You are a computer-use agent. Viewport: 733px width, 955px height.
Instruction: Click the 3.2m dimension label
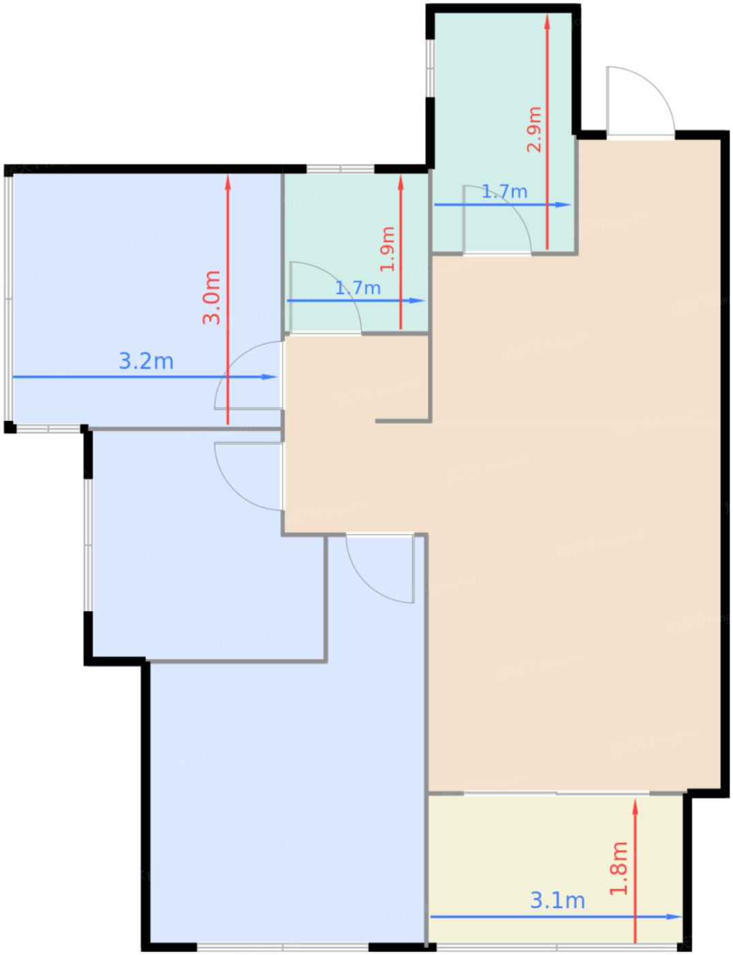(146, 361)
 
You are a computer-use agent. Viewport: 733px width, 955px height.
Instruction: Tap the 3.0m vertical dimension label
(211, 298)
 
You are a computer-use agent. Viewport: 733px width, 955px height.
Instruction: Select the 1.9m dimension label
(387, 249)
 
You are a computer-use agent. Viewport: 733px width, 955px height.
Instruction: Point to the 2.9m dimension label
(534, 130)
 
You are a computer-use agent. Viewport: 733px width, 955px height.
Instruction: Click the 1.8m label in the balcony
(619, 868)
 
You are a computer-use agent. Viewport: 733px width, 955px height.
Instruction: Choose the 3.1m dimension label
(557, 900)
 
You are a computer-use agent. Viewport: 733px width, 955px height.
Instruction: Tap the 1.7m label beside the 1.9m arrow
(357, 288)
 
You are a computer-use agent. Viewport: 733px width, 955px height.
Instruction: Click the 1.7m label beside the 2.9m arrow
(505, 191)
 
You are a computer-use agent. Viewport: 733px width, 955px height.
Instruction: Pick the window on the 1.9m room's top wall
(340, 168)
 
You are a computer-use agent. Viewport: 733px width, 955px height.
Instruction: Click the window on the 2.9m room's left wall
(430, 68)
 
